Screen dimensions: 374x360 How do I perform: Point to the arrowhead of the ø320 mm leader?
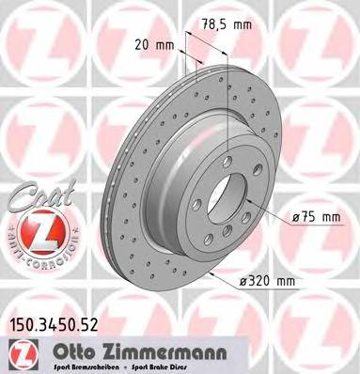click(212, 273)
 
